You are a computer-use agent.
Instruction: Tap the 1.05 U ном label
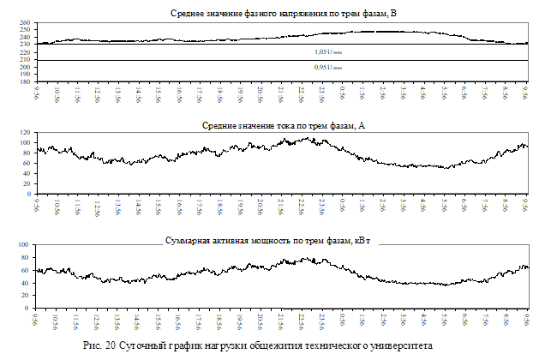[x=328, y=51]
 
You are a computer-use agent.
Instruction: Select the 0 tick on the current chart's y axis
[x=28, y=195]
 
